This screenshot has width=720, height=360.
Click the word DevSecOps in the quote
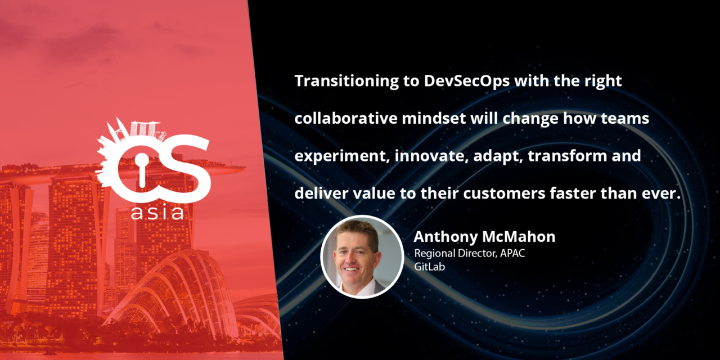point(467,81)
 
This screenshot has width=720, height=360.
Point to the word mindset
point(434,118)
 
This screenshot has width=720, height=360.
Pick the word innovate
point(431,156)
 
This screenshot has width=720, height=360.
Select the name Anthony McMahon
point(484,237)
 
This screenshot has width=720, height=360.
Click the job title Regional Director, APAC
point(469,254)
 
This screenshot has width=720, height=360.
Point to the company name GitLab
point(429,267)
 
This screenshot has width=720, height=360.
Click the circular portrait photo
point(362,257)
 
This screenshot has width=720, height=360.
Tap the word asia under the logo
point(157,213)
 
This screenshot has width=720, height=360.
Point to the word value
point(374,193)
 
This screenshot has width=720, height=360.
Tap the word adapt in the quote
point(498,156)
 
